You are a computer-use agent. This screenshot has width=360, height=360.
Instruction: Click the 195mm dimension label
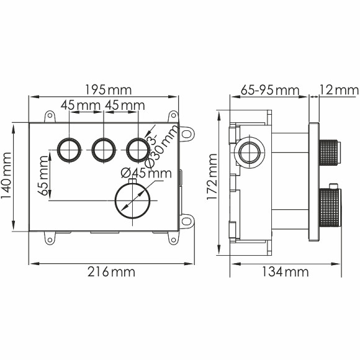pos(102,89)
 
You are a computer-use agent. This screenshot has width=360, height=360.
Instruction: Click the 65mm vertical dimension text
pos(44,177)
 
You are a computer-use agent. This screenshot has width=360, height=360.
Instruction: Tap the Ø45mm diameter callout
pos(146,173)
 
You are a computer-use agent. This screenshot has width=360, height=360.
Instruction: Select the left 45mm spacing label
pos(81,106)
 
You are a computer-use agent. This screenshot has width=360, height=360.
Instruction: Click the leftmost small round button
pos(66,148)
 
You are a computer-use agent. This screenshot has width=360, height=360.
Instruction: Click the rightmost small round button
pos(137,148)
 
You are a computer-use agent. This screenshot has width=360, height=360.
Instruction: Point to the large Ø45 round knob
pos(132,200)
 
